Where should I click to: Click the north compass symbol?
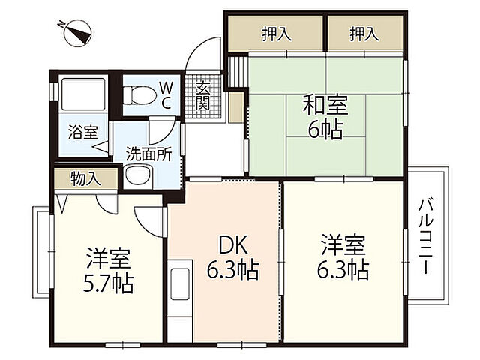tap(74, 33)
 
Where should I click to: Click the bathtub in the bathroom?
tap(81, 94)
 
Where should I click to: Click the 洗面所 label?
tap(148, 153)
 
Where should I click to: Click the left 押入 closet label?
tap(276, 33)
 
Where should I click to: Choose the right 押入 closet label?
tap(364, 33)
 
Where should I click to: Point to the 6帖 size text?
tap(325, 130)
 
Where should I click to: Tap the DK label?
tap(232, 245)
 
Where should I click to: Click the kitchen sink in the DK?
tap(179, 283)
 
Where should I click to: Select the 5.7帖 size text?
tap(109, 284)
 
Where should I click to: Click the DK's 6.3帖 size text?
tap(232, 269)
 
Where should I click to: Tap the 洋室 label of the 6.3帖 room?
tap(344, 244)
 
